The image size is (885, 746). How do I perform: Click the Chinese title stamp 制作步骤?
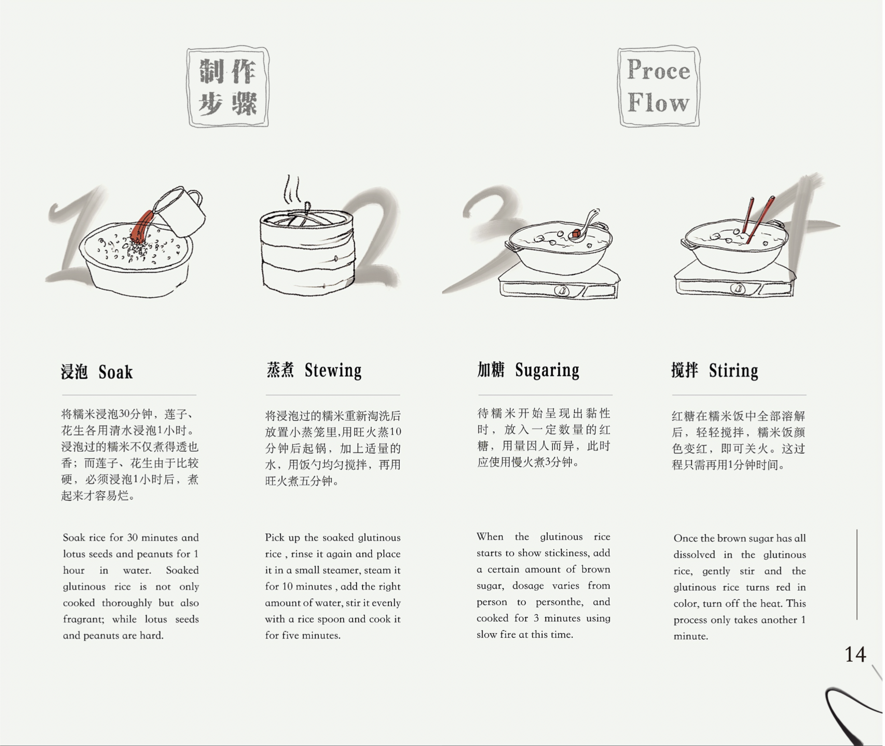[228, 87]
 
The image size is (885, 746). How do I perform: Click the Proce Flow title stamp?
[658, 86]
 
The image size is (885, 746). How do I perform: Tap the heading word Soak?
[115, 372]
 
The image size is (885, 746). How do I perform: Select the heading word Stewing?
[333, 371]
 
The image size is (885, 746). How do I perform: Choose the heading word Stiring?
[733, 371]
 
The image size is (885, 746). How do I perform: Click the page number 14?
[855, 654]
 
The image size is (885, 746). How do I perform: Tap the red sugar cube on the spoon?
[576, 233]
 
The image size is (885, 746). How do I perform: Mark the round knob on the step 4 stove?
[738, 289]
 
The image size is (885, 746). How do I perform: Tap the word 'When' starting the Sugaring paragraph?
[490, 537]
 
